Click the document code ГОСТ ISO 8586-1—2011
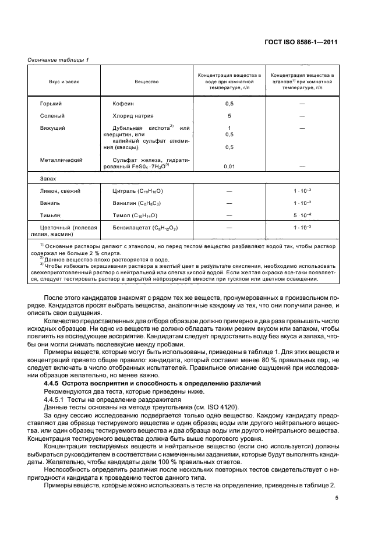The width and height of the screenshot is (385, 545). tap(308, 42)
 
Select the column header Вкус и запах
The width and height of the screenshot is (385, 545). tap(64, 82)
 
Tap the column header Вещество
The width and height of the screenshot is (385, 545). tap(146, 82)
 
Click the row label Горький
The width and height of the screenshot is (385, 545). tap(51, 103)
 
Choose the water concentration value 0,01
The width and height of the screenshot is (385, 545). tap(229, 167)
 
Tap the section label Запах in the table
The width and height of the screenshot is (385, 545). tap(48, 179)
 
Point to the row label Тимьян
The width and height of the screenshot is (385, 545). tap(50, 215)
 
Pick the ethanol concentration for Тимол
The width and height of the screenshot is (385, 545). tap(302, 215)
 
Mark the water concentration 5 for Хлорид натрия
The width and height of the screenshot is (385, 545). tap(229, 116)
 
